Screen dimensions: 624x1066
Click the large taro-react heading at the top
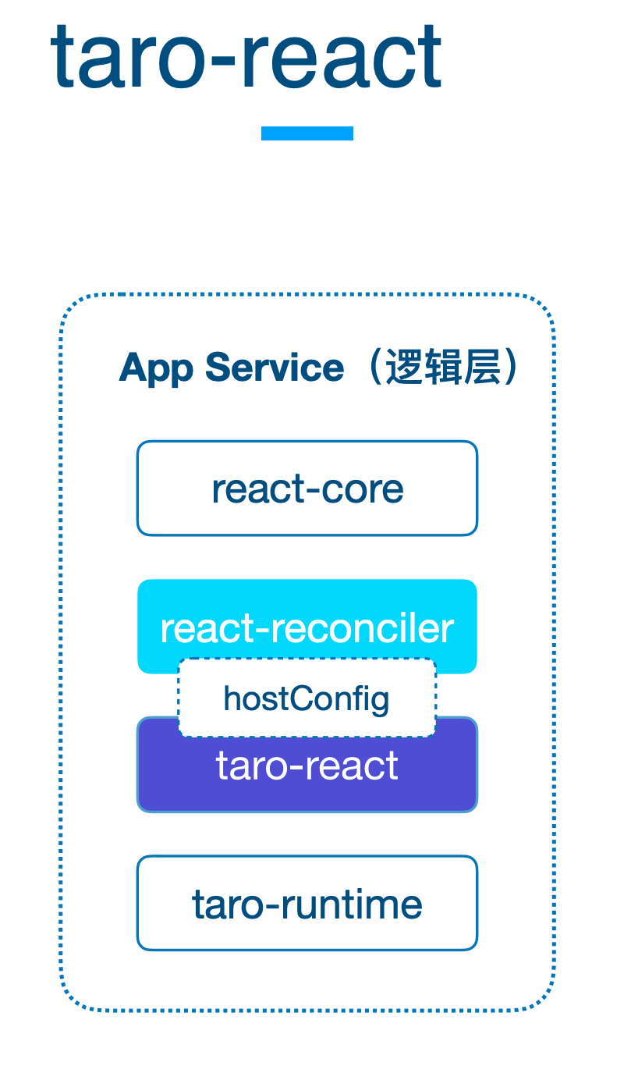pos(246,57)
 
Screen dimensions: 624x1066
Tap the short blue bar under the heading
pos(307,133)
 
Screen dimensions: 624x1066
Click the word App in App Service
pos(156,368)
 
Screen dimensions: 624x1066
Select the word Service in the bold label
pos(275,368)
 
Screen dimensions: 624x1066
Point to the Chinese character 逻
pos(403,367)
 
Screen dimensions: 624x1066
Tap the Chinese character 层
pos(482,367)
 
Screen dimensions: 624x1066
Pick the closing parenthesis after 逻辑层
pos(511,367)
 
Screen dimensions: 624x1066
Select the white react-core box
pos(307,489)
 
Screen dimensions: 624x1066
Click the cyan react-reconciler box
pos(307,619)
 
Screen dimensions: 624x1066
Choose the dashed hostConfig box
pos(307,698)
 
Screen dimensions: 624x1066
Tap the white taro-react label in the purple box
pos(307,766)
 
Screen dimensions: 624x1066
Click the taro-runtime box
pos(307,903)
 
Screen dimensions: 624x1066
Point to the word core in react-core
pos(363,490)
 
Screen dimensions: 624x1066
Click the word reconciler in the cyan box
pos(362,628)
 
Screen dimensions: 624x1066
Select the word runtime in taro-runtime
pos(352,904)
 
